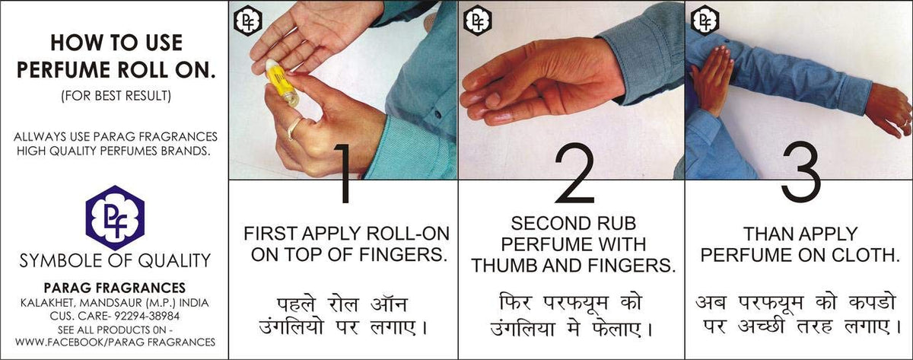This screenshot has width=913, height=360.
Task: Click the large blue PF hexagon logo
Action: tap(115, 218)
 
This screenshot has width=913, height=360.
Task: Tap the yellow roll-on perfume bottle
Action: tap(282, 83)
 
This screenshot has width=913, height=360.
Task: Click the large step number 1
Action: tap(345, 174)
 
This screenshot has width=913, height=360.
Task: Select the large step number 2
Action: tap(574, 174)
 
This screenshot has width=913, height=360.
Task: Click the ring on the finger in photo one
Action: tap(294, 129)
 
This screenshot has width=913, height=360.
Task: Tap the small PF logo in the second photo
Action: tap(478, 21)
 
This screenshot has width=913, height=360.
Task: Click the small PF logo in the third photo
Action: tap(705, 21)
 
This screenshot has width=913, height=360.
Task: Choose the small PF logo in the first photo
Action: tap(248, 21)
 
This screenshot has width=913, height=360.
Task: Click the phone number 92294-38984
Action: tap(147, 316)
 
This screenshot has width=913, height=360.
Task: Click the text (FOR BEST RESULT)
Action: tap(116, 95)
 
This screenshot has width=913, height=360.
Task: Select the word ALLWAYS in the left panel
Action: tap(40, 136)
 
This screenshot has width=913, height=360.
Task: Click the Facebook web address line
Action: tap(116, 342)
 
